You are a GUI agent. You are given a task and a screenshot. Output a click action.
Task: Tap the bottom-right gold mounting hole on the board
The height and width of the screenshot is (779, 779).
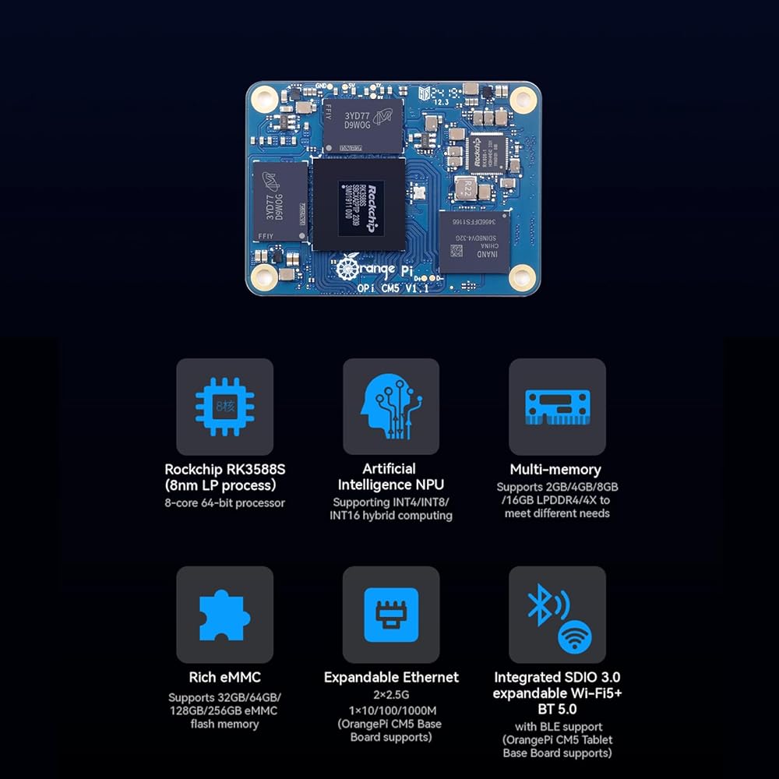coord(521,276)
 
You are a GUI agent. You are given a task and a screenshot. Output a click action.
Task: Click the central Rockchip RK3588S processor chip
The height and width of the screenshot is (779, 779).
coord(359,204)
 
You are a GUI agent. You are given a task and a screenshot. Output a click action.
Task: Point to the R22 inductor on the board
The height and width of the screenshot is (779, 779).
coord(464,188)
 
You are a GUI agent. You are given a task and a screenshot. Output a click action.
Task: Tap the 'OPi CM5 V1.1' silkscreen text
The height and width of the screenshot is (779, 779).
coord(403,289)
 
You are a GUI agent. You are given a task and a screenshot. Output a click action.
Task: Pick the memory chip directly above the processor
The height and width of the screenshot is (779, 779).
coord(362,125)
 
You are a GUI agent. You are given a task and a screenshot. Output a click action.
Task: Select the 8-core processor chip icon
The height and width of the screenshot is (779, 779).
coord(224,407)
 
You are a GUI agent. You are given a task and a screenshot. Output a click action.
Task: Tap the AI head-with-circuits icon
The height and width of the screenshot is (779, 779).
coord(390,407)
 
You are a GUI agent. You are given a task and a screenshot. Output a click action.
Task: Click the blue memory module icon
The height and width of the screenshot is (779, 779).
coord(557,407)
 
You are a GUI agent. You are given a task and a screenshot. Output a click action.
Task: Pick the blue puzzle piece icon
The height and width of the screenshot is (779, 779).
coord(224,615)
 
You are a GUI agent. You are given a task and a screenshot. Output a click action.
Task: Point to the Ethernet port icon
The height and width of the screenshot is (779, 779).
coord(390,615)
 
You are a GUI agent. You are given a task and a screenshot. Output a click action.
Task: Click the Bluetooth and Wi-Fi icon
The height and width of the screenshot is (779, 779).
coord(557,615)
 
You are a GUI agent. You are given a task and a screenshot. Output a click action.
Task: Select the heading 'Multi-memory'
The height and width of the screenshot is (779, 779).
coord(555,469)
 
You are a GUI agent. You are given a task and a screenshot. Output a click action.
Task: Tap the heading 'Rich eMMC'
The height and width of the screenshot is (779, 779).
coord(224,677)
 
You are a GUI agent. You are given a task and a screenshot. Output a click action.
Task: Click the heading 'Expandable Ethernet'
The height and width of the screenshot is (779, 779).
coord(391,677)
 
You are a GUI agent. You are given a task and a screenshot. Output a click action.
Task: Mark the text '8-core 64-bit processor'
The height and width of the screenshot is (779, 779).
coord(224,503)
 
